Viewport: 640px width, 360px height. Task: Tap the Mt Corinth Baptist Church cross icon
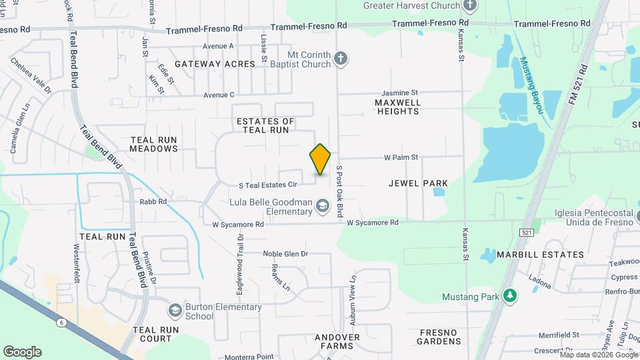[x=340, y=59]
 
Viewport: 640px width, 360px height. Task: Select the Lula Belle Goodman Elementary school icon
[x=323, y=206]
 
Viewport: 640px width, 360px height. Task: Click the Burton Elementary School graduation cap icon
[x=175, y=311]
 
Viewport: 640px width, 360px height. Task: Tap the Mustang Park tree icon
[x=510, y=295]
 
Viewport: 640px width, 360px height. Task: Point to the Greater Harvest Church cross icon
[x=470, y=6]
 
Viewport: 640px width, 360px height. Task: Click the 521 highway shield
[x=527, y=231]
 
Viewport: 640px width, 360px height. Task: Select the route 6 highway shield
[x=62, y=322]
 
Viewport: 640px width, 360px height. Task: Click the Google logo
[x=22, y=351]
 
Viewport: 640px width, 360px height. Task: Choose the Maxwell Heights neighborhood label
[x=397, y=107]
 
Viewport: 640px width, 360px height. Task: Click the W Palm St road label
[x=401, y=158]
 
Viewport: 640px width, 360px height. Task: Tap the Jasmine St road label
[x=399, y=93]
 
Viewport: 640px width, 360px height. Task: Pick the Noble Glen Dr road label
[x=285, y=253]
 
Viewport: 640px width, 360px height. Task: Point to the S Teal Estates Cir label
[x=267, y=184]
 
